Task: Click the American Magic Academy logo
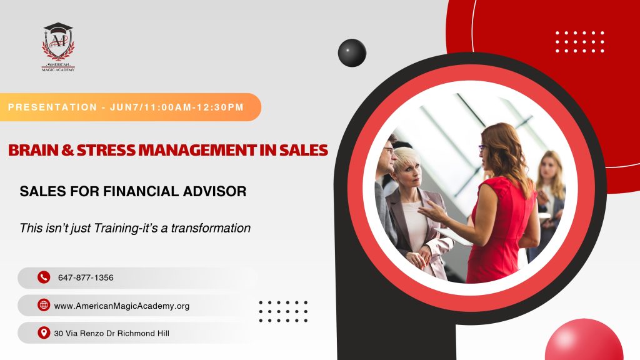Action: (58, 47)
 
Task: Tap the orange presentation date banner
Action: (130, 107)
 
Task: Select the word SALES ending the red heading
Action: (304, 150)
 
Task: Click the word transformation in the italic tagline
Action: (211, 227)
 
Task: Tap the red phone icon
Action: (44, 277)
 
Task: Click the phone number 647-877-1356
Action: (86, 277)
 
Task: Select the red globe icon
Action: (44, 305)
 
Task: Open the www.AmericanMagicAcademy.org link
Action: (122, 306)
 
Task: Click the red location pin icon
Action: (44, 332)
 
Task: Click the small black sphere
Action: (352, 52)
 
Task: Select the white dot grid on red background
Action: (579, 42)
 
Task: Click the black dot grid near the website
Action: (283, 311)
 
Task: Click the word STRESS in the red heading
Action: (106, 150)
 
